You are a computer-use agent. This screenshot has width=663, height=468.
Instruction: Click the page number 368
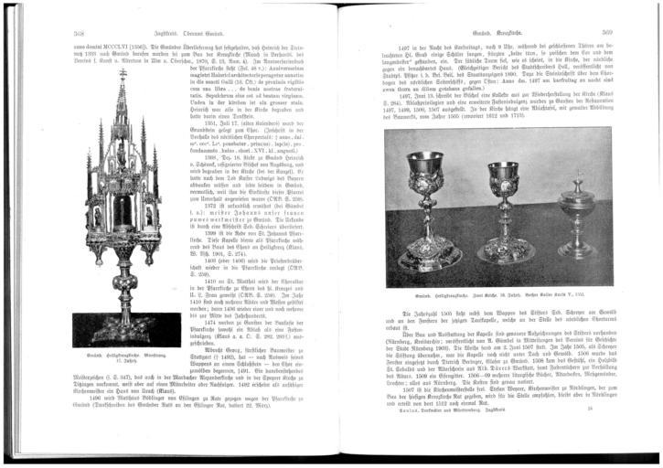click(x=80, y=32)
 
